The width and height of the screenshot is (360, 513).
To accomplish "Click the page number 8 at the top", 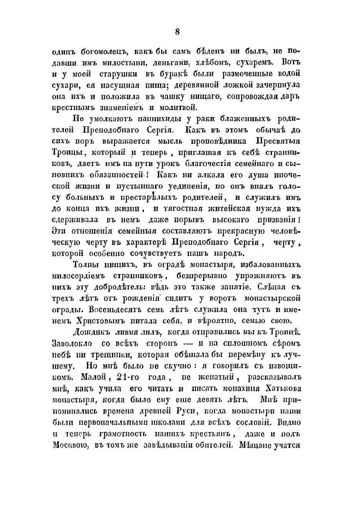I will pyautogui.click(x=177, y=32).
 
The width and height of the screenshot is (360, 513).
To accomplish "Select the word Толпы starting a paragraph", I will pyautogui.click(x=86, y=265).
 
